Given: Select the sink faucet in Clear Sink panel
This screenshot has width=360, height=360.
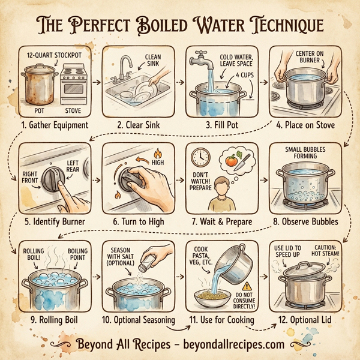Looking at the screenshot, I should tap(125, 65).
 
